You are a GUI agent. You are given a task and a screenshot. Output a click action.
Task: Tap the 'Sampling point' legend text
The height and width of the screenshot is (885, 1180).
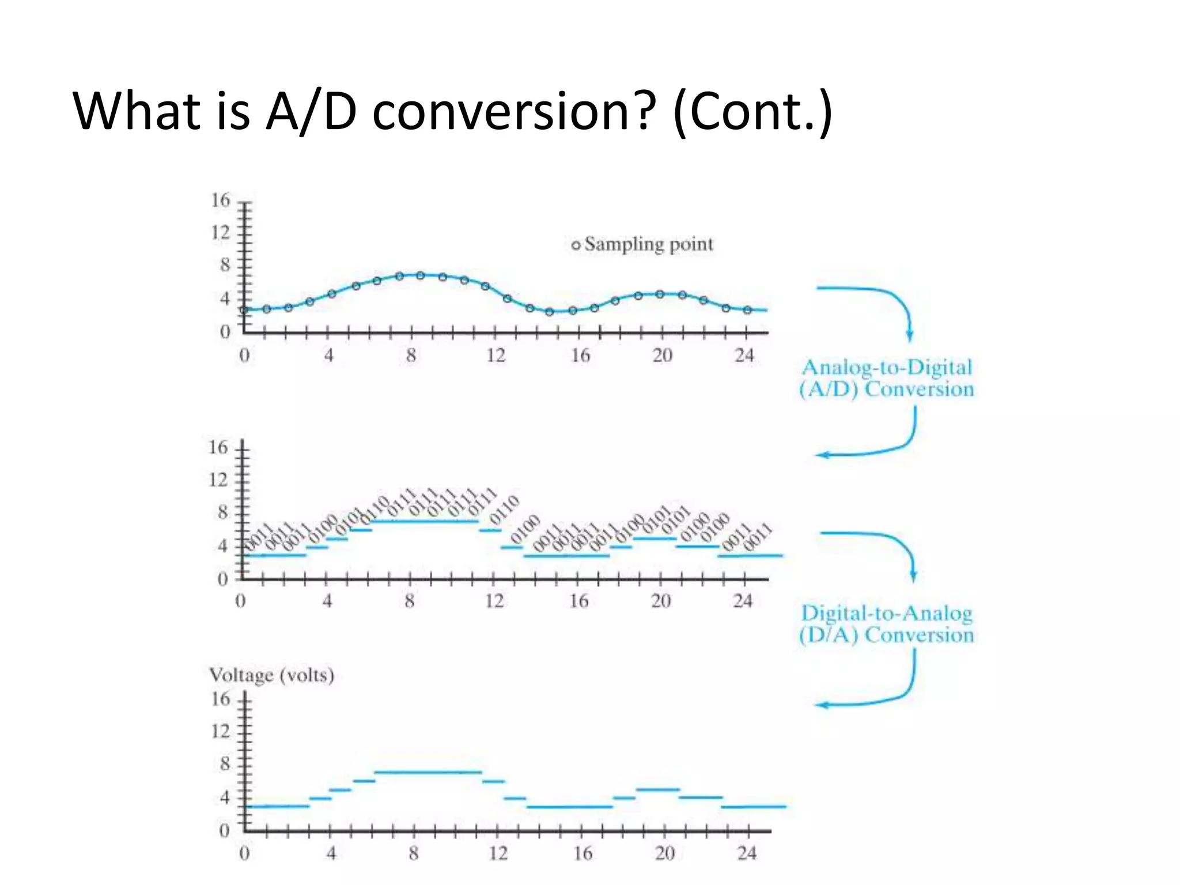(x=649, y=244)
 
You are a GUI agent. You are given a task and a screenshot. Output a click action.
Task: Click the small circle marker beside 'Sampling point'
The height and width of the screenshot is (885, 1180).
(x=576, y=245)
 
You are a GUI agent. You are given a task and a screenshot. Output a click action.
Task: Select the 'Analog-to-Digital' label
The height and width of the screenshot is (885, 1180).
(x=887, y=367)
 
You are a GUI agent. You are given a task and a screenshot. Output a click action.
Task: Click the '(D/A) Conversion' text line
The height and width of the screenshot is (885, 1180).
(x=886, y=635)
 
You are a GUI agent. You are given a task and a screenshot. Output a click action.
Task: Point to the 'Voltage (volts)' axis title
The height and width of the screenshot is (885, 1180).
(x=271, y=675)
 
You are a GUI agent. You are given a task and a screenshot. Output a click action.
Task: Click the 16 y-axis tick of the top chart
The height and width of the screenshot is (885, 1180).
(x=221, y=201)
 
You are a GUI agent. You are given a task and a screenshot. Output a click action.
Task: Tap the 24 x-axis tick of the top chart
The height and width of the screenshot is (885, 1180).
(x=744, y=355)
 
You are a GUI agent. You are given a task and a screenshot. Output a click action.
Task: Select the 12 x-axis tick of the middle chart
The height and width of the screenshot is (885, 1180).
(x=494, y=602)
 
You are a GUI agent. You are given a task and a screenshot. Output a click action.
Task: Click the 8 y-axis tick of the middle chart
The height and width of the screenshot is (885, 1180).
(x=222, y=512)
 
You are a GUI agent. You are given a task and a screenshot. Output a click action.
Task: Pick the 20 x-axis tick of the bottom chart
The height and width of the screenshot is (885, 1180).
(x=664, y=853)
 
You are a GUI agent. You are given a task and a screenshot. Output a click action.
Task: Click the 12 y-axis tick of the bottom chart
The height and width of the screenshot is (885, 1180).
(x=221, y=731)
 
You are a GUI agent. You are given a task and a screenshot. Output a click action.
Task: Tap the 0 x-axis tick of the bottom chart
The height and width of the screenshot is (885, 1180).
(x=244, y=853)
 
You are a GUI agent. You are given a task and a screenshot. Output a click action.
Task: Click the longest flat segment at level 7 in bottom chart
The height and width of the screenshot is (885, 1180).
(x=428, y=772)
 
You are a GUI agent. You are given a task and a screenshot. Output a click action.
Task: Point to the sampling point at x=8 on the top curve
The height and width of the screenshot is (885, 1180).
(x=421, y=275)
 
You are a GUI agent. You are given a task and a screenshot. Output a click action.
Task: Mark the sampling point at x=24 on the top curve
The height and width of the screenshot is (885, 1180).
(x=747, y=310)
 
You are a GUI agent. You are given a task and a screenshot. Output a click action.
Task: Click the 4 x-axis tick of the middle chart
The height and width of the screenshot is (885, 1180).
(x=327, y=602)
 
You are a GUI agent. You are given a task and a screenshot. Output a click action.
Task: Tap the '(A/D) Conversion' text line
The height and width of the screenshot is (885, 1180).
(x=886, y=389)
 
